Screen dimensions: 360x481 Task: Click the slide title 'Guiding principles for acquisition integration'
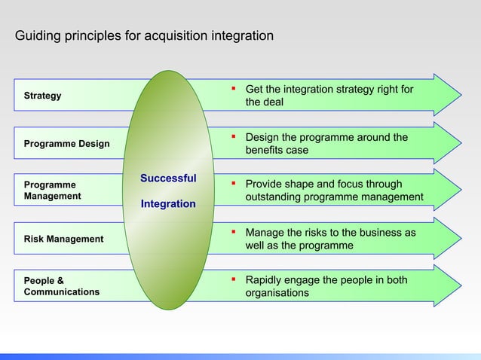point(145,35)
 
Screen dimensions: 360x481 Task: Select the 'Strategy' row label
point(43,96)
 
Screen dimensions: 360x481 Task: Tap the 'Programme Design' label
point(66,143)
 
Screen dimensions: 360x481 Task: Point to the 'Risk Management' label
point(63,239)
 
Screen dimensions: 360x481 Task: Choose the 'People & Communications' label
point(61,285)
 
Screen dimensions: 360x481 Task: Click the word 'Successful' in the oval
point(168,178)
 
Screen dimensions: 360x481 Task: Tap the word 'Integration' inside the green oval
point(168,204)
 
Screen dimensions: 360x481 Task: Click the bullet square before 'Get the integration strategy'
point(234,90)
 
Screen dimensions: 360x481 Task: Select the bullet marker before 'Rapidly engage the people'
point(234,280)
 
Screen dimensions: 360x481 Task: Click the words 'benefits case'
point(277,150)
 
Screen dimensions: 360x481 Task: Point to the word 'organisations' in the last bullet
point(277,293)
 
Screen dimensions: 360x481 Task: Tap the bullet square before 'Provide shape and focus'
point(234,185)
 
